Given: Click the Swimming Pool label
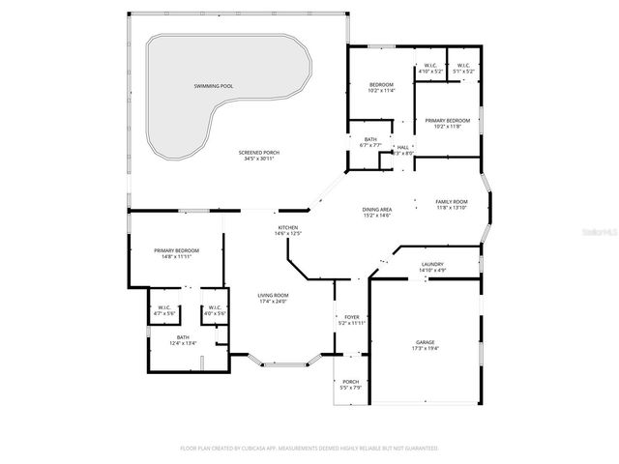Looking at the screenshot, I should click(x=213, y=86).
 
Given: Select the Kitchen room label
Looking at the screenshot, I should click(x=288, y=227).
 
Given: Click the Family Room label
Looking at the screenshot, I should click(x=451, y=201).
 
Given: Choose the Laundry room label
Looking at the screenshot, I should click(x=432, y=264).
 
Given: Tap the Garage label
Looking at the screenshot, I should click(x=426, y=342).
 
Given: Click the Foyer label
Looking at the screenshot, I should click(x=352, y=317).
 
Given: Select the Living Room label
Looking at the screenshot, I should click(x=273, y=295).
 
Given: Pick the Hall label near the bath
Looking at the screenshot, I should click(x=402, y=147).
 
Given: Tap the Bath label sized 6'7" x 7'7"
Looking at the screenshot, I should click(x=370, y=139).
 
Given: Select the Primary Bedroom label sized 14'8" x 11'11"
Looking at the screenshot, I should click(x=176, y=250).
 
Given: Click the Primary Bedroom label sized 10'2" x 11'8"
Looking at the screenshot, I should click(x=447, y=120).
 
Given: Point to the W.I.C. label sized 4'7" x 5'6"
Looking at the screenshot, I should click(x=164, y=308).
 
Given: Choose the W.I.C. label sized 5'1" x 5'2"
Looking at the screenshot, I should click(x=463, y=66).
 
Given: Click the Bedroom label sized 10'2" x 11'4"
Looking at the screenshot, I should click(x=381, y=85).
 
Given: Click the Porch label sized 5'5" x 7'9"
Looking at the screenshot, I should click(x=351, y=382).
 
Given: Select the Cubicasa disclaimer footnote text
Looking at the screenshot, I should click(x=309, y=449).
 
